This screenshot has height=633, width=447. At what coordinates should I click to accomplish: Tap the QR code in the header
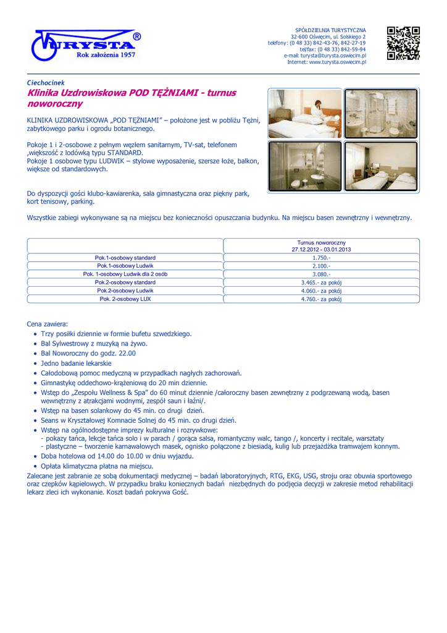tap(403, 43)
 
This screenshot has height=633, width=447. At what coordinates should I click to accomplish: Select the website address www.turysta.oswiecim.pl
tap(337, 62)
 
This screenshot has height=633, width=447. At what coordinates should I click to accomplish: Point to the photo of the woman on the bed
tap(304, 113)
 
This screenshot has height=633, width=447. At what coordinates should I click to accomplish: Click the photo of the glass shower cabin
tap(380, 113)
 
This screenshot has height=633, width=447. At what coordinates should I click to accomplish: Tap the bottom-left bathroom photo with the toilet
tap(304, 166)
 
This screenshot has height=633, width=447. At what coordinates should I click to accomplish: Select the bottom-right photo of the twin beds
tap(380, 166)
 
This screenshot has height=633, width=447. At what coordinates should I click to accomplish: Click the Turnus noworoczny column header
tap(321, 246)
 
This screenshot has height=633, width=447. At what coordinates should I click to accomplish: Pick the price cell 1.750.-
tap(321, 258)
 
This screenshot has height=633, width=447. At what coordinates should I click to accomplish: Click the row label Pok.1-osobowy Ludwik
tap(125, 266)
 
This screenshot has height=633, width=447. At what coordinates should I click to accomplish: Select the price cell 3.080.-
tap(321, 274)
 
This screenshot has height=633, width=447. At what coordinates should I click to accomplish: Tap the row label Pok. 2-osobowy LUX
tap(125, 299)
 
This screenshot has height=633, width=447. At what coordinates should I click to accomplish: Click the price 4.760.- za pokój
tap(321, 299)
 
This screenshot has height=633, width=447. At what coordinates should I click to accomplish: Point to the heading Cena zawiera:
tap(48, 324)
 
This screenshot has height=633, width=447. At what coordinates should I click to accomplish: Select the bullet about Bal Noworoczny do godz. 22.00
tap(88, 353)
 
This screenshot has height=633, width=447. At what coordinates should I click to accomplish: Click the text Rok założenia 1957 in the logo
tap(105, 55)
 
